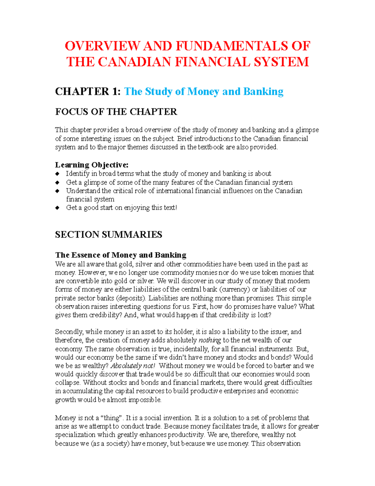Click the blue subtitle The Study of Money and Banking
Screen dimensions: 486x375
click(x=204, y=91)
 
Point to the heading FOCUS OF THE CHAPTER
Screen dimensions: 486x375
click(x=116, y=112)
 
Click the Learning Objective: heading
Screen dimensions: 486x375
click(x=92, y=165)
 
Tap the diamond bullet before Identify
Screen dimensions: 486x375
click(x=57, y=174)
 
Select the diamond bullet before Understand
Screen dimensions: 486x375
click(x=57, y=191)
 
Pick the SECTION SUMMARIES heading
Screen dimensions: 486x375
click(x=108, y=234)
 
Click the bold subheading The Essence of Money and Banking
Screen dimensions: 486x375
click(x=121, y=255)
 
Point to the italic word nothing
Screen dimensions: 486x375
click(x=210, y=340)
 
